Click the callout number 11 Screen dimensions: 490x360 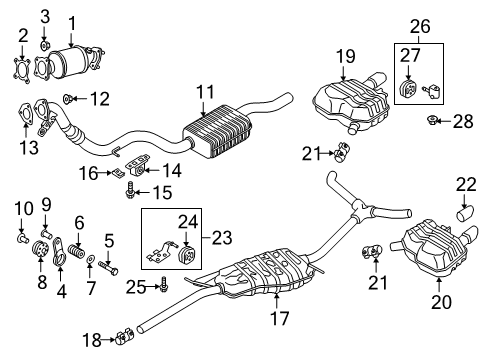205,92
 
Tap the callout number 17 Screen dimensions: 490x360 280,318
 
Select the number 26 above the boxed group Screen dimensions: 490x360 420,26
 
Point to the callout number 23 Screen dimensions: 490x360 222,238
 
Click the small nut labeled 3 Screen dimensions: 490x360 45,45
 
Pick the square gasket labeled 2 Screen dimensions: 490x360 22,71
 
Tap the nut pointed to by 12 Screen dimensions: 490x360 67,99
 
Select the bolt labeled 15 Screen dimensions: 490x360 130,190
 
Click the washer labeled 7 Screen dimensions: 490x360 90,259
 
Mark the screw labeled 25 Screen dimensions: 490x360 163,284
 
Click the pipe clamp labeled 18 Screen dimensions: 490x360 125,337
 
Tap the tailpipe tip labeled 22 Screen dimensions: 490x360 465,213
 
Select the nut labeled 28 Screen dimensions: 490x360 432,120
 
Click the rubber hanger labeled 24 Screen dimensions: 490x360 187,254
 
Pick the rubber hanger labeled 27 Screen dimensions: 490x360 408,88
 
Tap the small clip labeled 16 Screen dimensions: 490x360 118,173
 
